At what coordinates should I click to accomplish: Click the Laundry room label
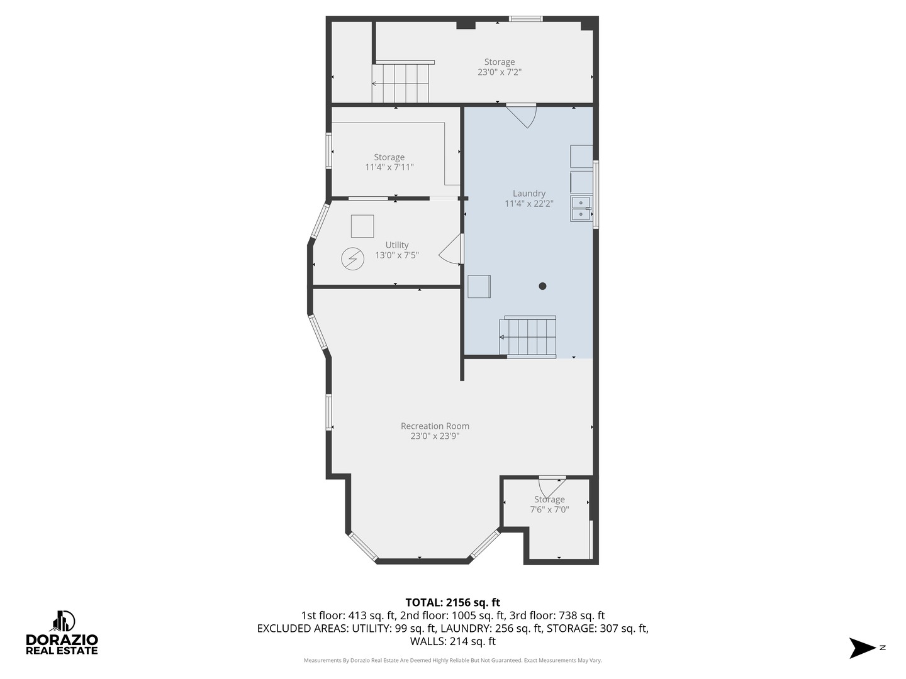point(528,194)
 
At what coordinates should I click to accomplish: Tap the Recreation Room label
point(435,426)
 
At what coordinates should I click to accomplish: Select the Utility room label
point(396,245)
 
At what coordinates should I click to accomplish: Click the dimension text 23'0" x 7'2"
point(499,72)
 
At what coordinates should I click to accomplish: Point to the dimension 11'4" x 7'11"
point(389,167)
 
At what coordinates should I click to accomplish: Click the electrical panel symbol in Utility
point(352,259)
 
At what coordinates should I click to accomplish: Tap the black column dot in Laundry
point(542,286)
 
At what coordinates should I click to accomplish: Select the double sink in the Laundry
point(581,209)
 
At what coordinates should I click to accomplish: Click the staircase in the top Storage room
point(401,82)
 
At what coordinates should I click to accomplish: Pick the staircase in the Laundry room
point(528,337)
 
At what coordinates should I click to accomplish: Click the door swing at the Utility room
point(451,250)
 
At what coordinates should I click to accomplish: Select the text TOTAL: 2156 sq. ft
point(452,602)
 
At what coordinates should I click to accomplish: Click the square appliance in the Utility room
point(362,226)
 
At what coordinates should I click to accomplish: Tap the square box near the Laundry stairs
point(479,286)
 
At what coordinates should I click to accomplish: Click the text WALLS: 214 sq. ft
point(452,641)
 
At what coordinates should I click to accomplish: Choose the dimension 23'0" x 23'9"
point(435,436)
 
